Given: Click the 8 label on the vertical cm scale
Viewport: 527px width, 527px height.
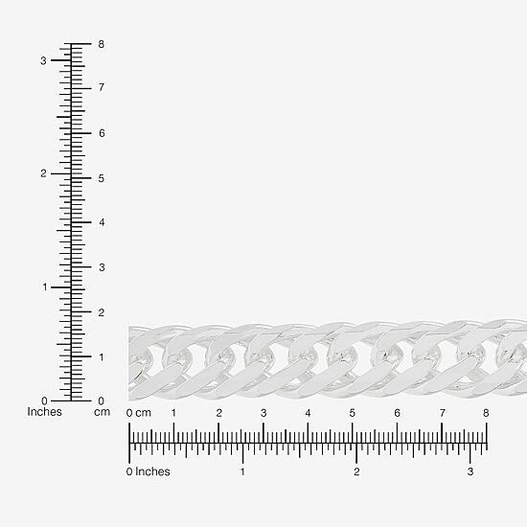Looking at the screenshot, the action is click(102, 44).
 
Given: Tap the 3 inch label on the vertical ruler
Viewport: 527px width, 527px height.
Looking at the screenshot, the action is click(43, 60).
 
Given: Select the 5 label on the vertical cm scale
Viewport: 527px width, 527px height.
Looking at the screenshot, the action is click(102, 178).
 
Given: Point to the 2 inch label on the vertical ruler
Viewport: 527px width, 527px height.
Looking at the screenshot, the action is click(43, 173).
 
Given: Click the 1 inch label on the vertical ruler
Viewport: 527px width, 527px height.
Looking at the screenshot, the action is click(45, 287).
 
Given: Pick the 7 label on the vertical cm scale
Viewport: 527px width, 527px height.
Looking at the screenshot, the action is click(102, 87).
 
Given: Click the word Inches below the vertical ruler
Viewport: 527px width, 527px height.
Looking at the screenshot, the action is click(44, 412).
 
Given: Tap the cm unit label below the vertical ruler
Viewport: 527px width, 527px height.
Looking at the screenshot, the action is click(102, 412).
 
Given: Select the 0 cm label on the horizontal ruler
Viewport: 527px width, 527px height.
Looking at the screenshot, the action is click(139, 413).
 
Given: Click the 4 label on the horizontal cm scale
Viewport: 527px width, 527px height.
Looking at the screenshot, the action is click(308, 413).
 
